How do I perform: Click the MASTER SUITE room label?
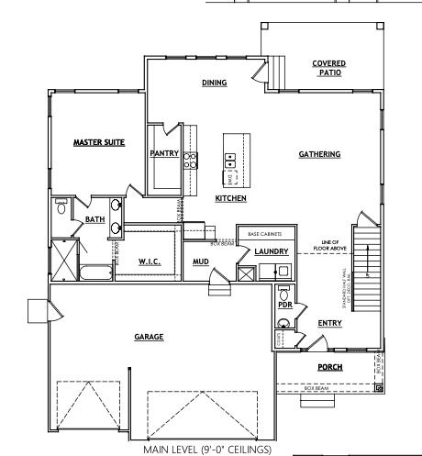coord(99,142)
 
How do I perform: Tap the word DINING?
coord(214,83)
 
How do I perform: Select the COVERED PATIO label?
coord(328,67)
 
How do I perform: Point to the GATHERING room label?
coord(319,154)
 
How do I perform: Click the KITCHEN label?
coord(229,198)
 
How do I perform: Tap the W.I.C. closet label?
coord(150,261)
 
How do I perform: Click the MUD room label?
coord(200,261)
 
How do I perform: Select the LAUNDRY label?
coord(272,251)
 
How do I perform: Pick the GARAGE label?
coord(149,337)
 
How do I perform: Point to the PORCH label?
coord(329,367)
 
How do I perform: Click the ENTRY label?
coord(330,323)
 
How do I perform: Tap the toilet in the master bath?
coord(61,206)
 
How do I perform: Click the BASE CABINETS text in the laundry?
coord(266,235)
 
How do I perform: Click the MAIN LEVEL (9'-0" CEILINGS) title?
coord(207,450)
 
